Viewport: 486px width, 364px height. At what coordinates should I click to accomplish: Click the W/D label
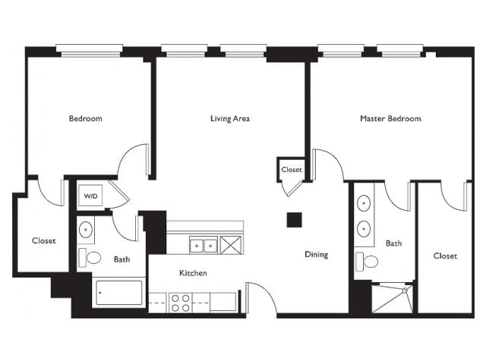(x=90, y=196)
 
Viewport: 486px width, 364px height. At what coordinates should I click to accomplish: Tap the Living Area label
(x=230, y=118)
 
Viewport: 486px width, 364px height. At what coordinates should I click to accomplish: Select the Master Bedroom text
(x=390, y=118)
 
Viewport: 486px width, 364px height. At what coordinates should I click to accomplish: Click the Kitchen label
(x=193, y=273)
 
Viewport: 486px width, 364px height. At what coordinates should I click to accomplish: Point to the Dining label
(x=317, y=255)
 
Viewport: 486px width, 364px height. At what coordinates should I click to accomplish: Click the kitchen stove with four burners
(x=181, y=303)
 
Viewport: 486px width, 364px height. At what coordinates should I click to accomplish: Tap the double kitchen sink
(x=204, y=246)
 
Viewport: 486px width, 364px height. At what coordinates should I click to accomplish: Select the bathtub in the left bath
(x=119, y=293)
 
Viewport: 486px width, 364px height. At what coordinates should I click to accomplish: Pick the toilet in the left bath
(x=90, y=258)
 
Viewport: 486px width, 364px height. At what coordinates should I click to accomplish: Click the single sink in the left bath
(x=86, y=230)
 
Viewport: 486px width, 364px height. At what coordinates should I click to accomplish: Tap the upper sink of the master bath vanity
(x=364, y=204)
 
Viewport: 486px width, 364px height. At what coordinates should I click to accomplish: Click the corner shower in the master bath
(x=393, y=298)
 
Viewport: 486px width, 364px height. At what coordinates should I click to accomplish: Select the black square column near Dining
(x=294, y=220)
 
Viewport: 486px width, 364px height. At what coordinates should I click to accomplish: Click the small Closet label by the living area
(x=292, y=170)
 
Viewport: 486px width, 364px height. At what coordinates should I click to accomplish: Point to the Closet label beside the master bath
(x=445, y=256)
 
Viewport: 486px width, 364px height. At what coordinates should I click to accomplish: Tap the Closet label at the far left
(x=44, y=241)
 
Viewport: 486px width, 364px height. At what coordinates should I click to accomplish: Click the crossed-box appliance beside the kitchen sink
(x=231, y=245)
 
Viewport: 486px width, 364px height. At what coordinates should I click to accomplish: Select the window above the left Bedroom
(x=90, y=51)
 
